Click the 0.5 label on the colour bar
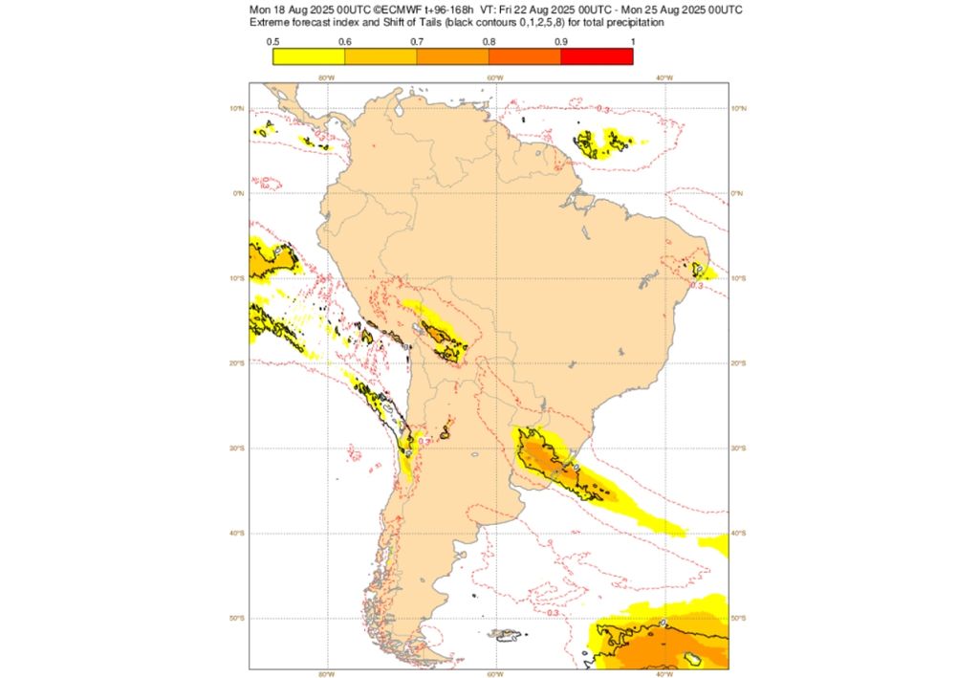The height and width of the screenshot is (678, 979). [x=272, y=41]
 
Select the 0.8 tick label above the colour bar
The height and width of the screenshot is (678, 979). [x=489, y=41]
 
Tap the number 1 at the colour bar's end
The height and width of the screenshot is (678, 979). [x=632, y=41]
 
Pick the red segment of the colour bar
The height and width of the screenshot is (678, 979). [x=597, y=55]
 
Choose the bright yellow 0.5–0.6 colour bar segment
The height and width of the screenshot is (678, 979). [x=308, y=55]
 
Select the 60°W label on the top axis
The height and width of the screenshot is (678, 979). [x=494, y=77]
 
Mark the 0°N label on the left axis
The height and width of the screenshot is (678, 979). [x=240, y=193]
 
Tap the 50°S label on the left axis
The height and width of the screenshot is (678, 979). [x=240, y=618]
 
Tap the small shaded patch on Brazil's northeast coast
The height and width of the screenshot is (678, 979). [x=699, y=271]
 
